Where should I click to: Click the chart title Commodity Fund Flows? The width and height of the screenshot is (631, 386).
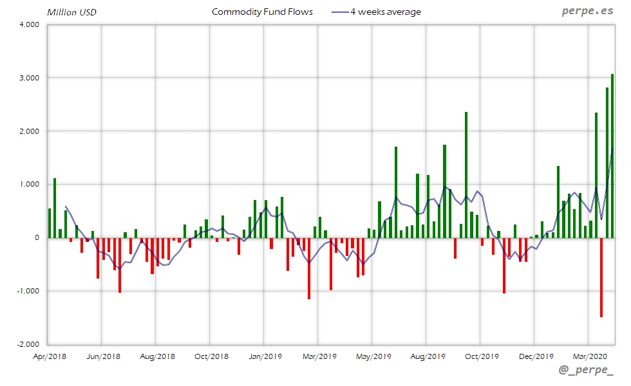(x=262, y=12)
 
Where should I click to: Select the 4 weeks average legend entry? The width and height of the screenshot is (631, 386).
(x=386, y=12)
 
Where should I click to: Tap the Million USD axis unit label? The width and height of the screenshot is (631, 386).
(x=71, y=12)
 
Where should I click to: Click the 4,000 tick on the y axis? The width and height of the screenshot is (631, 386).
(x=30, y=24)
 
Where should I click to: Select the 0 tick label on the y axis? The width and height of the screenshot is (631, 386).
(x=37, y=238)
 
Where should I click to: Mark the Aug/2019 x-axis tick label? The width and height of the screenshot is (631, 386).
(x=427, y=356)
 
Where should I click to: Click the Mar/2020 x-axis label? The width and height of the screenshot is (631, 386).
(x=589, y=356)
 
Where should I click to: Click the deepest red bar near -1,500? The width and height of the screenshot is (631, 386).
(x=601, y=277)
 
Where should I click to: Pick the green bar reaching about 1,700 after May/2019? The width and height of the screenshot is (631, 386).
(x=396, y=192)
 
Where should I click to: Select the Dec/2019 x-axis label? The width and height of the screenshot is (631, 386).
(x=535, y=356)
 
